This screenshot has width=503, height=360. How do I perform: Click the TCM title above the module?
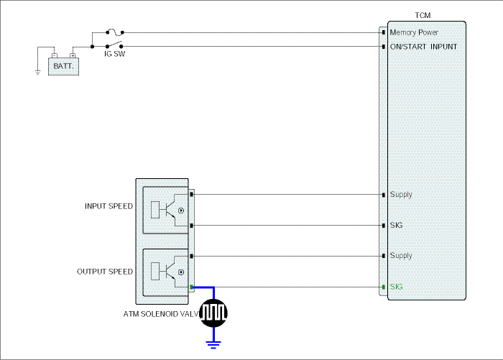[x=423, y=15]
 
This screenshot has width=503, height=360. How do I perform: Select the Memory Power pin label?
[x=414, y=32]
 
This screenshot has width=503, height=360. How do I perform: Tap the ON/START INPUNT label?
[x=423, y=47]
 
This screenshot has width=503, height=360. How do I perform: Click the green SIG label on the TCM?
[x=396, y=287]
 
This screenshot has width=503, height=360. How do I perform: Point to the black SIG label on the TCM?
[x=396, y=225]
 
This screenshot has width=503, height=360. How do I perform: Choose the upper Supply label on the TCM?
[x=401, y=195]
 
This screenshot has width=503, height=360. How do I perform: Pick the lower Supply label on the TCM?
[x=401, y=256]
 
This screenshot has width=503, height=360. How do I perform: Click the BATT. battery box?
[x=63, y=66]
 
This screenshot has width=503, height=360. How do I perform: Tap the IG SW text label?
[x=114, y=54]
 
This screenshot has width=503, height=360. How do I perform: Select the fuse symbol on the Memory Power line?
[x=115, y=32]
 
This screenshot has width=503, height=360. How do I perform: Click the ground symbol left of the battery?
[x=38, y=72]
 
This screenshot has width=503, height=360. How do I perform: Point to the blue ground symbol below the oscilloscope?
[x=213, y=345]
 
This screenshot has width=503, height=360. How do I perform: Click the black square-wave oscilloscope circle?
[x=213, y=313]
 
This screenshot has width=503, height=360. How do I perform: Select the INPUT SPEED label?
[x=109, y=206]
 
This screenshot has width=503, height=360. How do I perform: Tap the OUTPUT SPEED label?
[x=105, y=272]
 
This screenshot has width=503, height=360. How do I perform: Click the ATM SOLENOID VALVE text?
[x=161, y=314]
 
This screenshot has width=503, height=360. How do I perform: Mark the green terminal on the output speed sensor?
[x=192, y=287]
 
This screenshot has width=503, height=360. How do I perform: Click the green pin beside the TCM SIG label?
[x=384, y=287]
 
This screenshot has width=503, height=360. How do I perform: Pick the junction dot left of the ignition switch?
[x=93, y=47]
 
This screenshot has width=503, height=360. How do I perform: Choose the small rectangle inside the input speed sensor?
[x=155, y=210]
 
